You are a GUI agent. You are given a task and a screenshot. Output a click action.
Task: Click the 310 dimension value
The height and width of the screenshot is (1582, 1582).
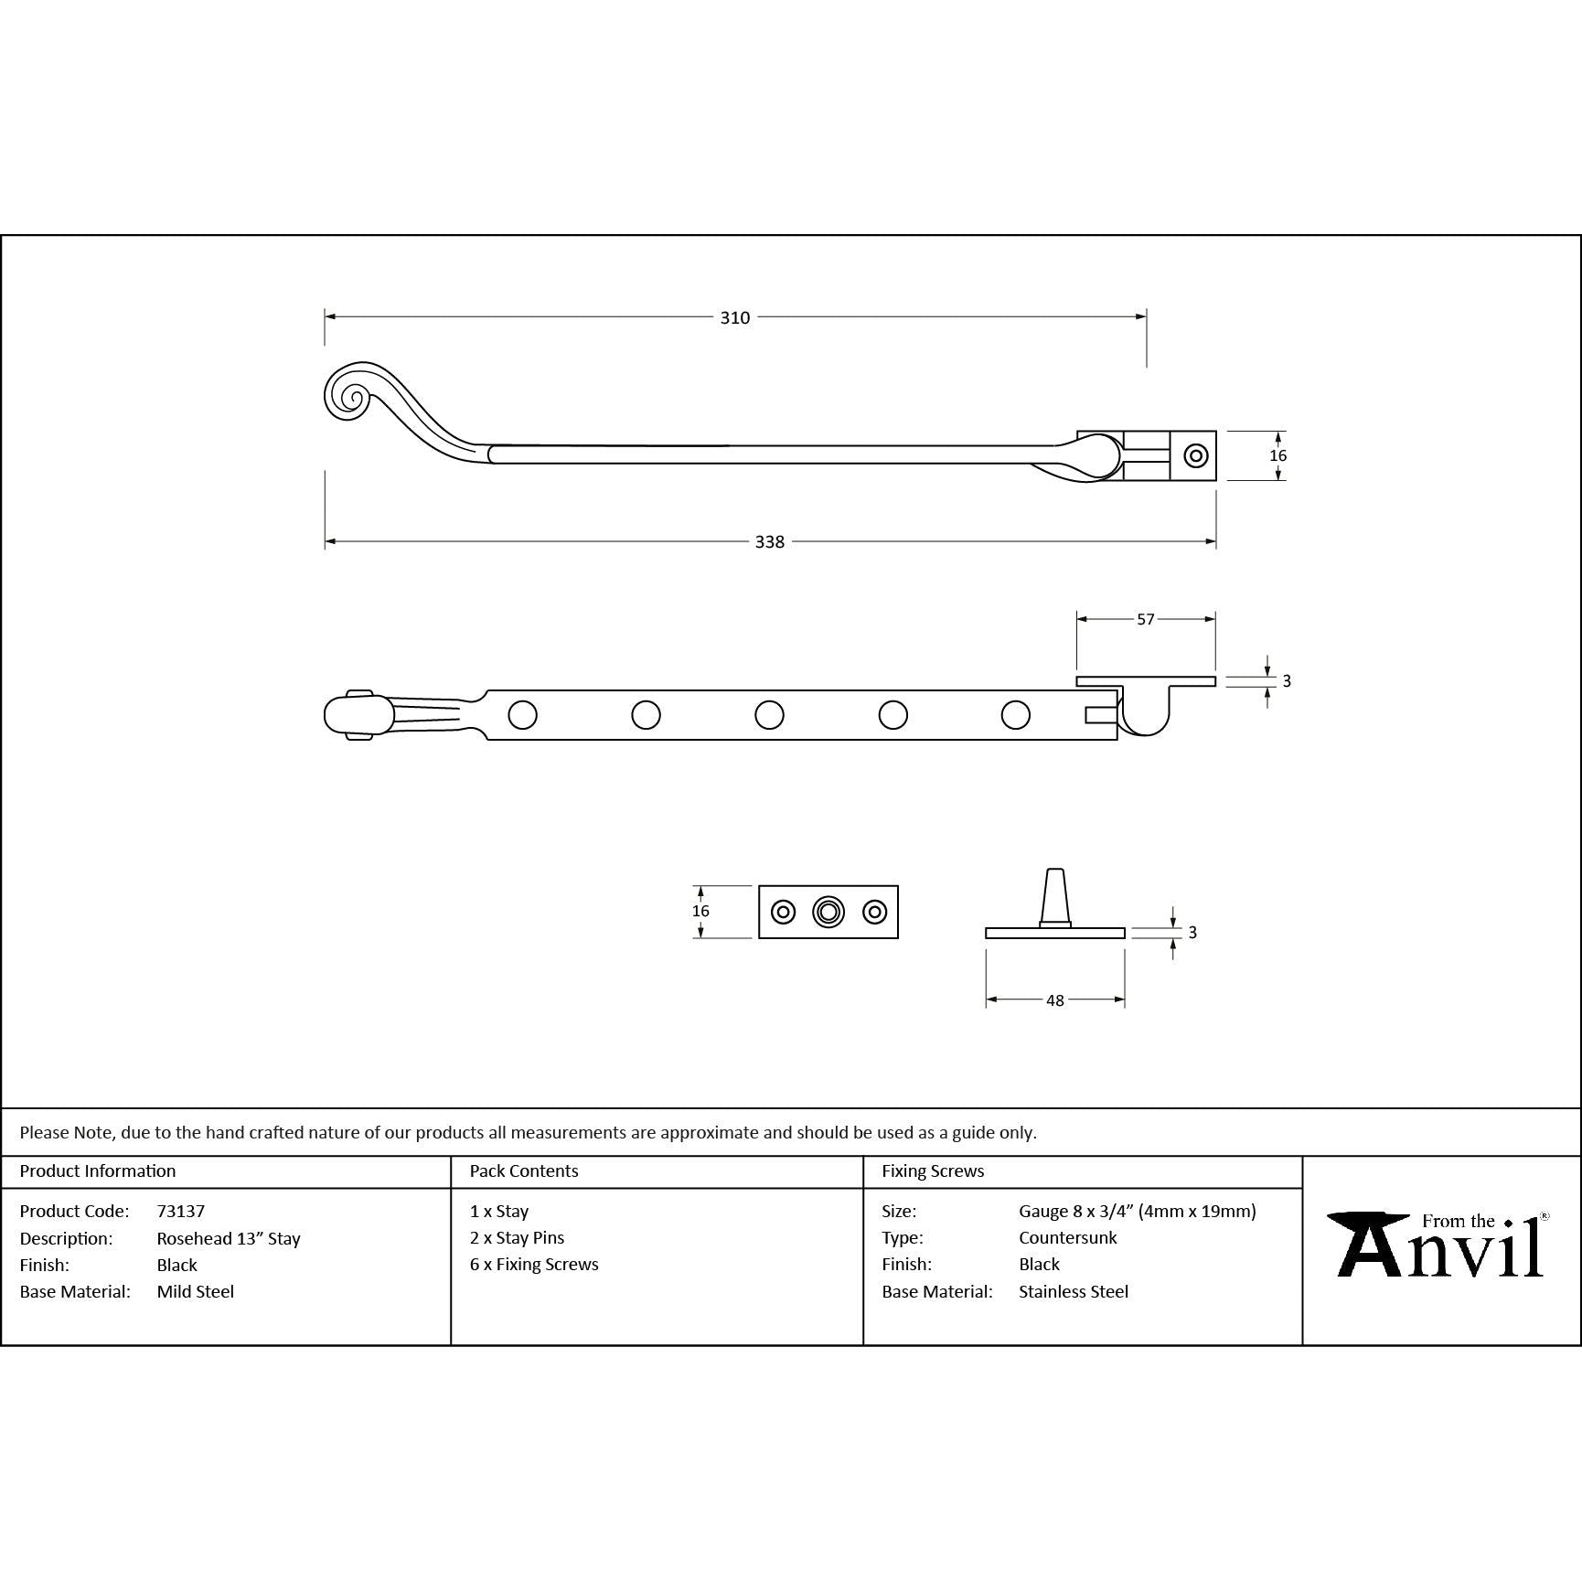[734, 317]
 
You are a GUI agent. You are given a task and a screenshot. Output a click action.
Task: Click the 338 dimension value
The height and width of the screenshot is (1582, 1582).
[770, 542]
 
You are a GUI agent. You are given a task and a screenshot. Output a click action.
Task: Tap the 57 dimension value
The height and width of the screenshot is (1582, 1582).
[1146, 619]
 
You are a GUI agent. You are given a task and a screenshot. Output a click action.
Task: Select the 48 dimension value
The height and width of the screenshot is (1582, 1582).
[1055, 1000]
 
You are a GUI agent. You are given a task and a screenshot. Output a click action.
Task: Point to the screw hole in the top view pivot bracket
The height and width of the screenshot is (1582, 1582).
[1195, 455]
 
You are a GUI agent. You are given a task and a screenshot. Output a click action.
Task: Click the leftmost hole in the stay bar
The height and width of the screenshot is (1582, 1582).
[522, 715]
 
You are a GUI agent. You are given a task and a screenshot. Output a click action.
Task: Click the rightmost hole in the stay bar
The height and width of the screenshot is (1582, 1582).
[1015, 715]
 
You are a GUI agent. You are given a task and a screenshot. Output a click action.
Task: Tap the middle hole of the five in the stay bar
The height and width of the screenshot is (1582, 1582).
[769, 715]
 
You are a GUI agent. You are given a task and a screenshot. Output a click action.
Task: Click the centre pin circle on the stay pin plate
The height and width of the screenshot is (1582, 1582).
[828, 912]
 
